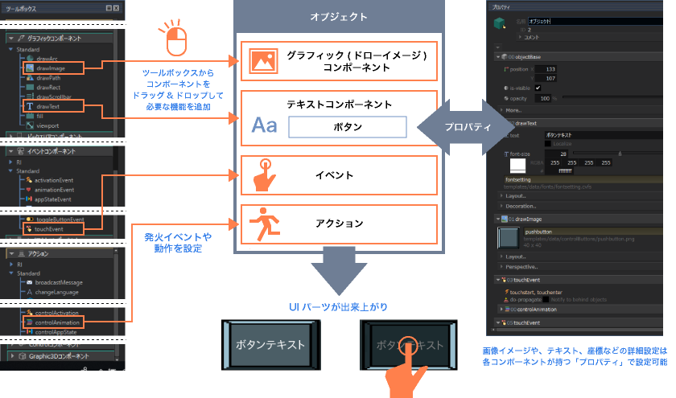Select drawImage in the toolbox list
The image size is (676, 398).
[50, 68]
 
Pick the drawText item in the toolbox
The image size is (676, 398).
[47, 106]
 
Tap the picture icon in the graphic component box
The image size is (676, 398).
[263, 61]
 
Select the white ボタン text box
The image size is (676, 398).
[348, 127]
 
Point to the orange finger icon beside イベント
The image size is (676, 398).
[263, 174]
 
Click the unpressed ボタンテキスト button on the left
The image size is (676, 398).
[270, 345]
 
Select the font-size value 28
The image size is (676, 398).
[563, 153]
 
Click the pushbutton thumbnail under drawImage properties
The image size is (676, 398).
[509, 237]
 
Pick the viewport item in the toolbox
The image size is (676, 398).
[47, 125]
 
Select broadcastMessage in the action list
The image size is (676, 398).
[60, 282]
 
